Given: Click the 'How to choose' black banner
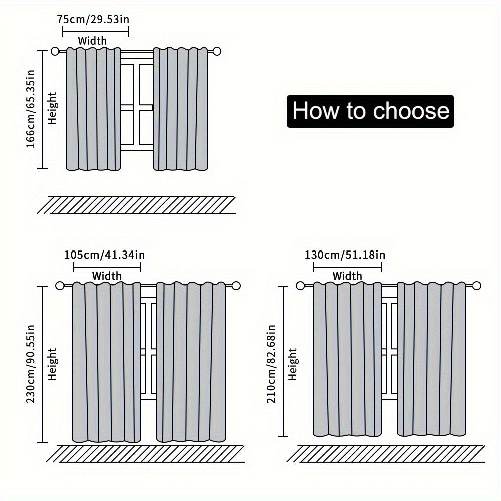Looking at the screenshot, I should click(370, 111).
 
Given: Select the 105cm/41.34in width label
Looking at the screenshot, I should click(104, 255).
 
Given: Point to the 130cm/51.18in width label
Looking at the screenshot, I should click(345, 255).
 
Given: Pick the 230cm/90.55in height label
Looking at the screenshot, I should click(31, 364).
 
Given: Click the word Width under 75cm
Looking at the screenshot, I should click(92, 40).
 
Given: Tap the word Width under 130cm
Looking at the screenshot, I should click(347, 276).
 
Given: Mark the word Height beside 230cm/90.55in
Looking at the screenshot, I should click(53, 364).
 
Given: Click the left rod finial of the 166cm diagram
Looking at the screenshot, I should click(56, 51).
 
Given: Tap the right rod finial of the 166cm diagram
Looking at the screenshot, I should click(217, 51).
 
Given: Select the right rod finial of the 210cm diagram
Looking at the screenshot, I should click(476, 286).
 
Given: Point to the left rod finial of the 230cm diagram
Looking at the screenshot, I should click(61, 286).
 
